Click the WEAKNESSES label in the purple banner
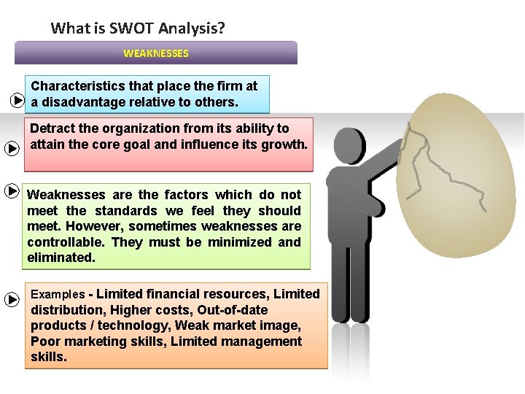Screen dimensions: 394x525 tap(155, 53)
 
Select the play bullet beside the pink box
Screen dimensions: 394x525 tap(12, 148)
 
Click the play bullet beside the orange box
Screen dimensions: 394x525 tap(12, 300)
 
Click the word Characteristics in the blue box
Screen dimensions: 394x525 tap(71, 86)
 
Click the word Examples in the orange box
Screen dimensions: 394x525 tap(58, 295)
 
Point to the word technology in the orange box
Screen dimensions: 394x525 tap(136, 325)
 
